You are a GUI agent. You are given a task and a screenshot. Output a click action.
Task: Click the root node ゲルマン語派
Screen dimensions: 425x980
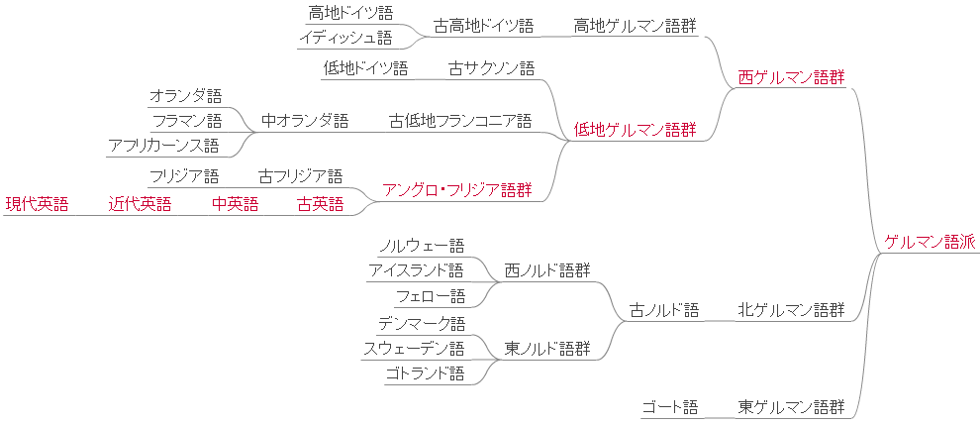930,241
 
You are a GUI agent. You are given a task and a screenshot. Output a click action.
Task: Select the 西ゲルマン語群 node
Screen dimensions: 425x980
791,77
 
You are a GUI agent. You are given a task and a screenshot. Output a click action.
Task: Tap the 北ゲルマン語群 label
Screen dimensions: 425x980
791,310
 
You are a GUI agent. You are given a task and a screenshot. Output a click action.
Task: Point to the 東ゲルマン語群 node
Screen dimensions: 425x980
791,406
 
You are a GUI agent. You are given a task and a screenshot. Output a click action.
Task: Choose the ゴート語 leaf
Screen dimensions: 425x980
669,406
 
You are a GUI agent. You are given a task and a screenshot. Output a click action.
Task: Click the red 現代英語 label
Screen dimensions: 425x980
37,204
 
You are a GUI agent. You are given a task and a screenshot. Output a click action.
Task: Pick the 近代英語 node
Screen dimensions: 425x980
140,204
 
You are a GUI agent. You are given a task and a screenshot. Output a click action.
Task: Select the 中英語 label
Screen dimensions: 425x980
235,204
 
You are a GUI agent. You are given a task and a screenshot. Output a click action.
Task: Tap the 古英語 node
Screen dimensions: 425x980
320,204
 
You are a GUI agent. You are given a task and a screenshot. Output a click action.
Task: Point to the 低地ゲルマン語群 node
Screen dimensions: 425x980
635,129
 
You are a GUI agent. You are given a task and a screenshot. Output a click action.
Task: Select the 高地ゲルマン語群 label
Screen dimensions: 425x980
635,26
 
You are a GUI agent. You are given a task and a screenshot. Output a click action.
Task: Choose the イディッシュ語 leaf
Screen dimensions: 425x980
345,38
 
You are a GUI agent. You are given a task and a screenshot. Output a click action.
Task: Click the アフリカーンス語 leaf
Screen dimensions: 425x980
163,146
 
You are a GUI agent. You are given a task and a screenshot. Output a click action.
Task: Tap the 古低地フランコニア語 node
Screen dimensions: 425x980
460,121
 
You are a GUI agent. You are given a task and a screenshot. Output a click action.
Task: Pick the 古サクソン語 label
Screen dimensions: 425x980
491,68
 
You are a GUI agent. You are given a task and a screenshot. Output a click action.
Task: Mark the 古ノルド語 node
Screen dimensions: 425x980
664,310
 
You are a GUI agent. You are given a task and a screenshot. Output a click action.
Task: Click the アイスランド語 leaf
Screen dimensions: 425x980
416,269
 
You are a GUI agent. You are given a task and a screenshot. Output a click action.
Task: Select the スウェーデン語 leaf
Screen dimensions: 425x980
413,348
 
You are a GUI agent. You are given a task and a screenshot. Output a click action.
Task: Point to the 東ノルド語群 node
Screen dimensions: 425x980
547,348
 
